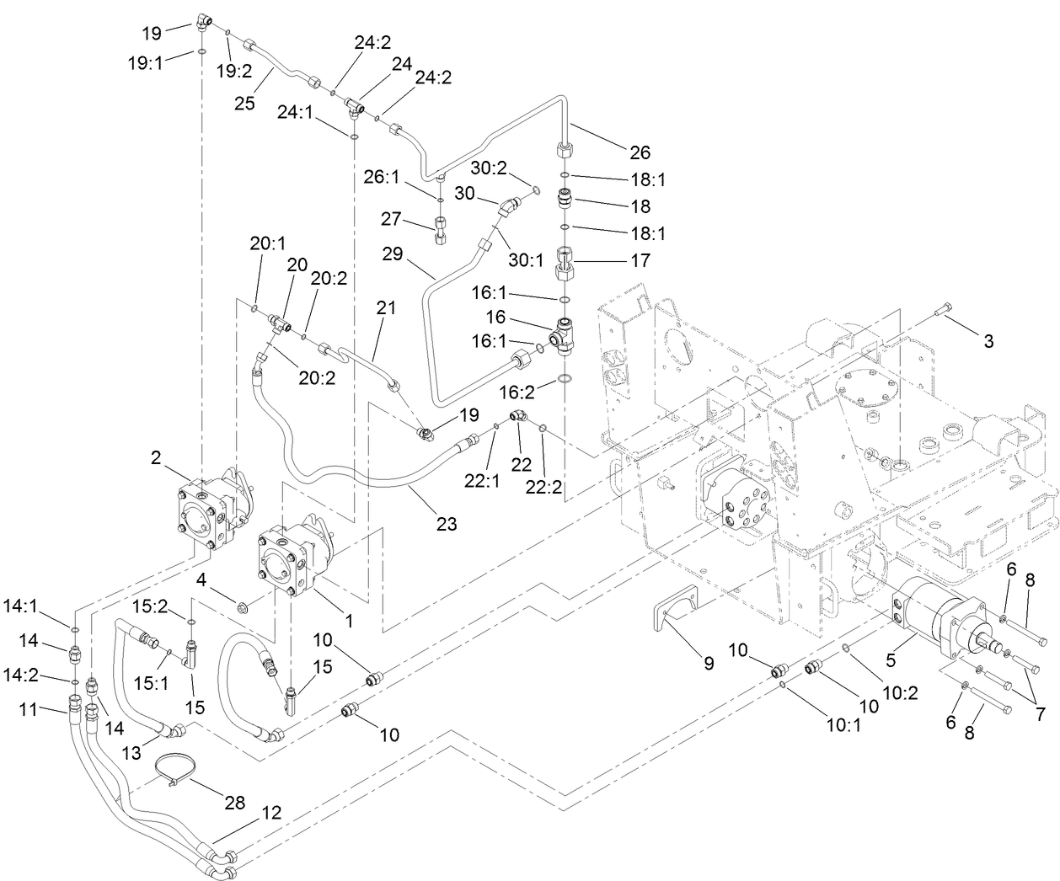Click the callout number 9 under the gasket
click(x=708, y=663)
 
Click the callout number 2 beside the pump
click(x=156, y=457)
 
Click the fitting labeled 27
click(x=442, y=228)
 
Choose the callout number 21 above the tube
click(x=386, y=308)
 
